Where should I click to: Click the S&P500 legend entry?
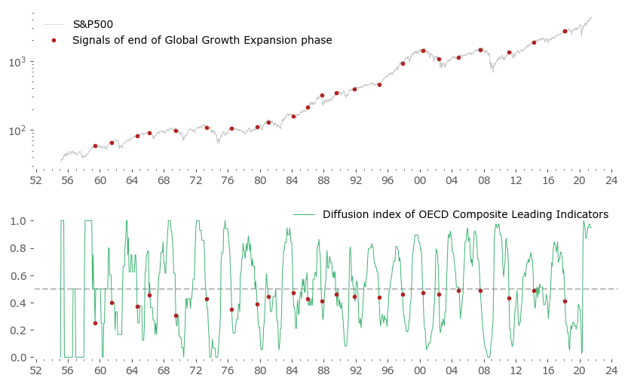[x=93, y=25]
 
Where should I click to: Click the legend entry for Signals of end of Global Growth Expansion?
[x=202, y=40]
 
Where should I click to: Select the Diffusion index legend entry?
[x=465, y=214]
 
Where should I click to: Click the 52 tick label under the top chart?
[x=35, y=181]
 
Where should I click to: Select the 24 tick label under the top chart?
[x=611, y=181]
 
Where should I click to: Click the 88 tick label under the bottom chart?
[x=323, y=370]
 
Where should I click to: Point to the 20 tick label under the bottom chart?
[x=579, y=370]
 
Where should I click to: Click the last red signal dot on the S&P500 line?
[x=565, y=31]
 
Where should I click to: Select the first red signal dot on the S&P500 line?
[x=95, y=146]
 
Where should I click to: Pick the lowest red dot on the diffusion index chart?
[x=95, y=323]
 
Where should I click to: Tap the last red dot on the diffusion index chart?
[x=565, y=301]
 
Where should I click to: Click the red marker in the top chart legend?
[x=54, y=40]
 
